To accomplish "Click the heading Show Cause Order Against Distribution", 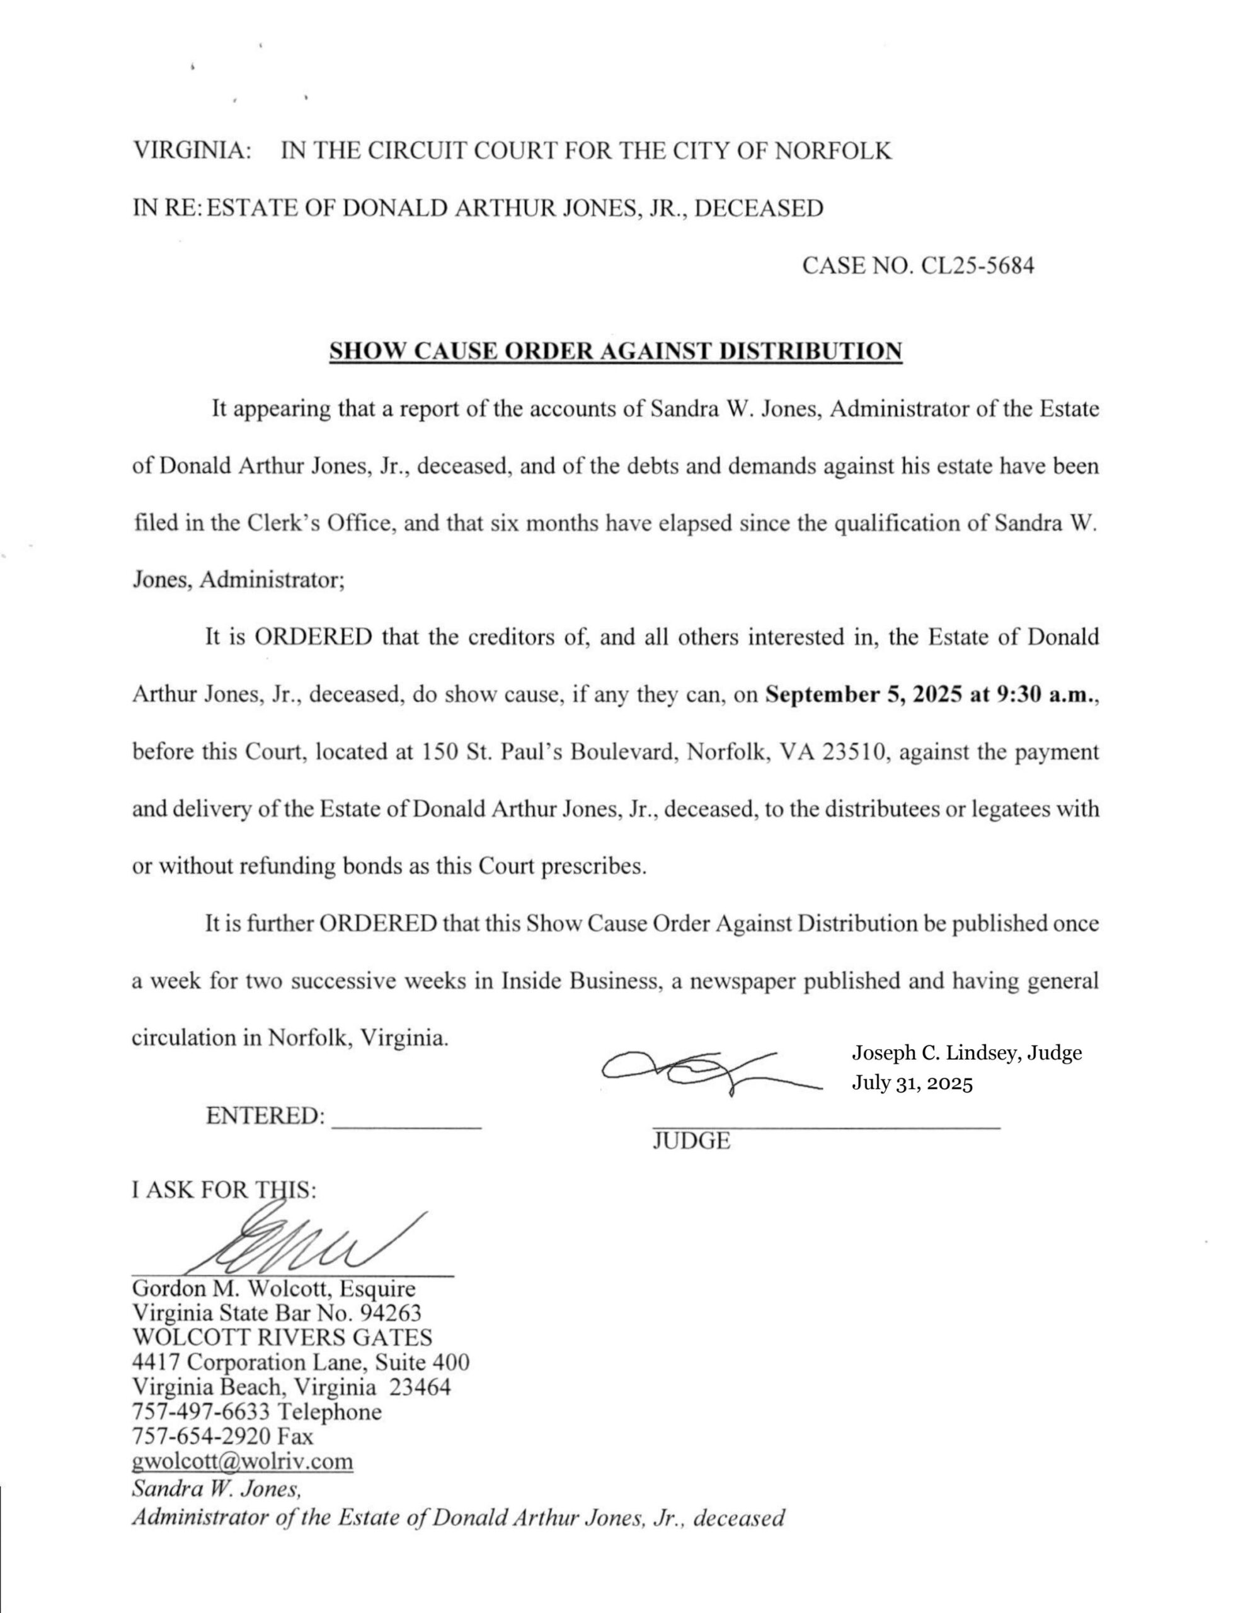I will click(616, 351).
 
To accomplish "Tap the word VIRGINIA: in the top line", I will click(192, 151).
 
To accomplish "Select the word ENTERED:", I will click(265, 1116).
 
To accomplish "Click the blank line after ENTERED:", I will click(408, 1123).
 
